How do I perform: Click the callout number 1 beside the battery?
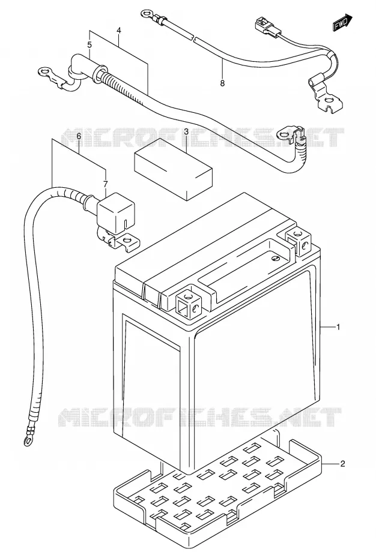[338, 326]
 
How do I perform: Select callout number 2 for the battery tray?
[342, 464]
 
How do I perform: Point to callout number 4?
[119, 31]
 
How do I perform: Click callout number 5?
[89, 45]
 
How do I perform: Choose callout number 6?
[79, 136]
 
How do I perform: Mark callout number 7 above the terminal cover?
[106, 184]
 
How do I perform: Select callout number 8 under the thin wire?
[222, 83]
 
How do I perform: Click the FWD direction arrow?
[343, 22]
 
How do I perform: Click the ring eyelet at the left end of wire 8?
[146, 14]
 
